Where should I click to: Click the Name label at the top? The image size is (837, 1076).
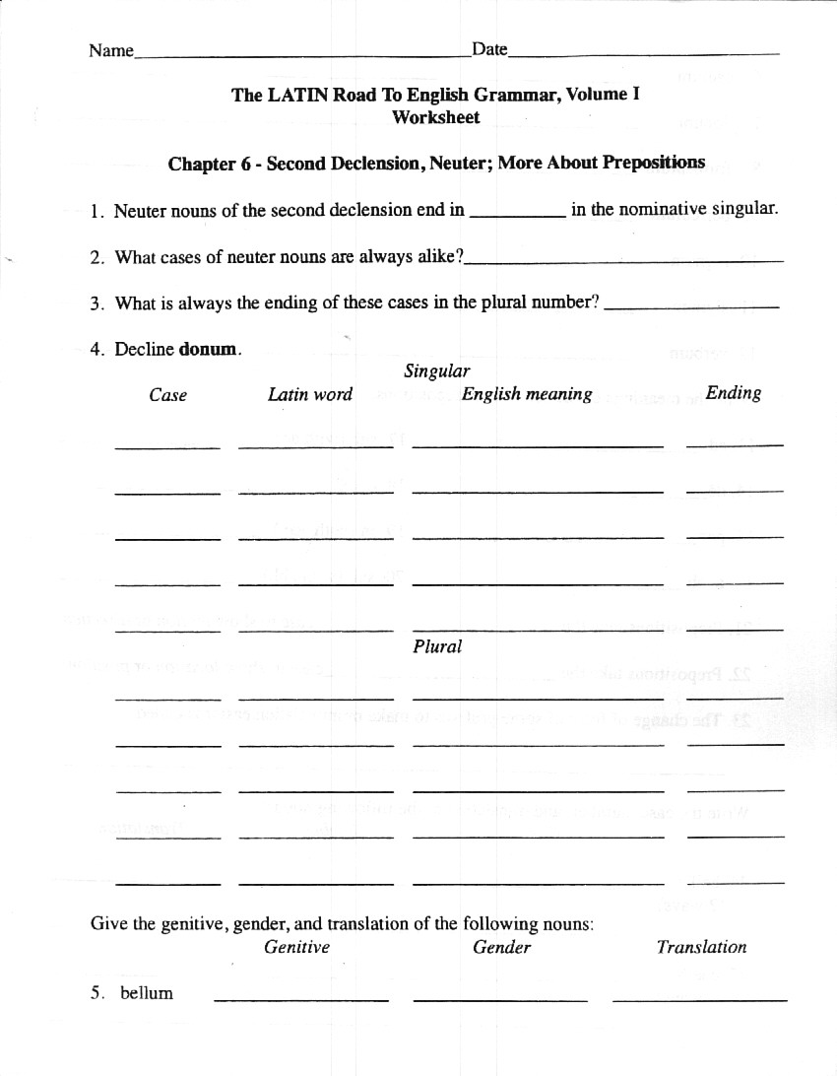110,50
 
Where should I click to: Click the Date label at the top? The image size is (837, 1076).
489,49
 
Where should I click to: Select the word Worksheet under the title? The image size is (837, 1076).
436,117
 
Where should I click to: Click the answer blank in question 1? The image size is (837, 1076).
518,212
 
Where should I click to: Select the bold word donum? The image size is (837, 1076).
209,349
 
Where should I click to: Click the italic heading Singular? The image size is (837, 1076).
436,371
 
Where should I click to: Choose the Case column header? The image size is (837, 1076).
168,395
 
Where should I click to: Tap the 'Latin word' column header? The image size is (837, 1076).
310,394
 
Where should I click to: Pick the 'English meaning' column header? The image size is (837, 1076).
527,394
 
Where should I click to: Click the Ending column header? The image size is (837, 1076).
734,393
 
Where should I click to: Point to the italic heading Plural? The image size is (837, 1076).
437,647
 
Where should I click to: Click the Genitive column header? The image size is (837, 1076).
297,947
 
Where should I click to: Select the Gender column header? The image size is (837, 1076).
501,947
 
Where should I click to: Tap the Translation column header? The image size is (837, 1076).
701,947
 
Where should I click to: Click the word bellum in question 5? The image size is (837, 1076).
147,993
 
